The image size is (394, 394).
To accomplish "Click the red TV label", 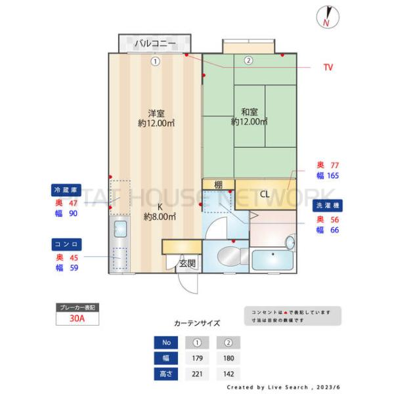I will pyautogui.click(x=328, y=68).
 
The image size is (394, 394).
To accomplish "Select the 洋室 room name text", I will pyautogui.click(x=155, y=112).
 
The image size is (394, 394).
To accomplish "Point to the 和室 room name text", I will pyautogui.click(x=249, y=112).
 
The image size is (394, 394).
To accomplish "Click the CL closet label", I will pyautogui.click(x=265, y=194).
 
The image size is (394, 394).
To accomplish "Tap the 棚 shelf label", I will pyautogui.click(x=217, y=185).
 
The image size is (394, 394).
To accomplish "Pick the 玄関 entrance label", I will pyautogui.click(x=186, y=263).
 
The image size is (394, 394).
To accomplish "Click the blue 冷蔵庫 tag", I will pyautogui.click(x=66, y=190).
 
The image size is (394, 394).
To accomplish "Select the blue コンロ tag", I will pyautogui.click(x=66, y=244).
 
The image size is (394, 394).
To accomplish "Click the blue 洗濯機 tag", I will pyautogui.click(x=328, y=205).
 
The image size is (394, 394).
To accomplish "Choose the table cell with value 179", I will pyautogui.click(x=196, y=359).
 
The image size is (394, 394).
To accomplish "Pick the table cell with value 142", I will pyautogui.click(x=228, y=374).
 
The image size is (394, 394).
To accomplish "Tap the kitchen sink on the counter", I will pyautogui.click(x=121, y=229).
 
